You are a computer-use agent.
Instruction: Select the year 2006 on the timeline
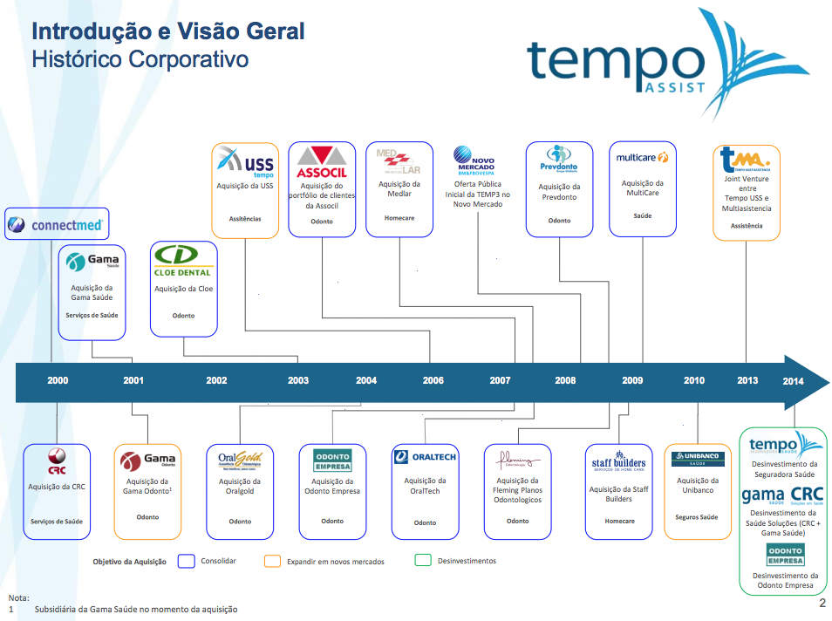point(433,380)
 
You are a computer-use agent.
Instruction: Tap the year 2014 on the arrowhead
point(793,381)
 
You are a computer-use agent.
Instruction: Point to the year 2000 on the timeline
point(58,380)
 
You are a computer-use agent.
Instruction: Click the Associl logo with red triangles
point(322,161)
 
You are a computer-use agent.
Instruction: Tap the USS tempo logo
point(245,162)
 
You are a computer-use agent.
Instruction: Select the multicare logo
point(642,158)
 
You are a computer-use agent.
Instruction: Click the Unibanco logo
point(697,458)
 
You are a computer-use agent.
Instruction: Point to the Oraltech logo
point(425,456)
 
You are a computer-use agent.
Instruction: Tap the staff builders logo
point(619,461)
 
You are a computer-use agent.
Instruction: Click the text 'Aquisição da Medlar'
point(399,189)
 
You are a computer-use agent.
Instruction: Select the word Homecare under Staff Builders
point(619,522)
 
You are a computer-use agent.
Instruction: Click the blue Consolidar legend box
point(185,561)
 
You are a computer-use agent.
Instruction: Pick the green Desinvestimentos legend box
point(423,561)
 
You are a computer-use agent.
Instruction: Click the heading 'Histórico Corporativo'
point(140,59)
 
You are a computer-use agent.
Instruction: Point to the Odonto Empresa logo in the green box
point(785,554)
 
